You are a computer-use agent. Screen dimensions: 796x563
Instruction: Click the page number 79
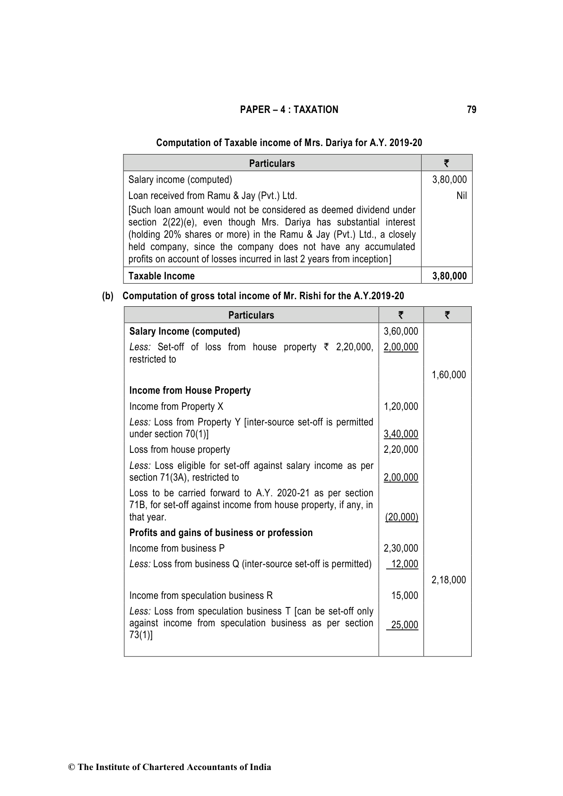(471, 110)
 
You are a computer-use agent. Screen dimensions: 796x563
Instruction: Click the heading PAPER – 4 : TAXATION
(289, 110)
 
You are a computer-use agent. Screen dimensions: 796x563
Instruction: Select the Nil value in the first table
(461, 195)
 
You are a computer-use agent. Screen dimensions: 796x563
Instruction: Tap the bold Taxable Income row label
(161, 276)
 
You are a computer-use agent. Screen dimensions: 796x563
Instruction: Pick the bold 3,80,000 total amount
(449, 276)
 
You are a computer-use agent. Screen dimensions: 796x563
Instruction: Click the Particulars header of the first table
(272, 163)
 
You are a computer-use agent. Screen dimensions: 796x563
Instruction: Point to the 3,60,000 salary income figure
(401, 331)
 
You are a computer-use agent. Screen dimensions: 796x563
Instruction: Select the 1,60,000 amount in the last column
(448, 375)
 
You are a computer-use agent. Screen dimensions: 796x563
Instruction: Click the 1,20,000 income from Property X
(401, 406)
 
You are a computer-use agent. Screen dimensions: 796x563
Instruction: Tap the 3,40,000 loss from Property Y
(401, 434)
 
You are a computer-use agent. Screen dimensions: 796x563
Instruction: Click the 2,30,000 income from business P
(401, 548)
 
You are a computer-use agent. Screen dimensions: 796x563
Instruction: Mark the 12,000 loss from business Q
(404, 564)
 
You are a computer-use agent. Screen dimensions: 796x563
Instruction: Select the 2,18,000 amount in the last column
(448, 580)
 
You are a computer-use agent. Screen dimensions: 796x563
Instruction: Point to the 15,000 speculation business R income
(404, 596)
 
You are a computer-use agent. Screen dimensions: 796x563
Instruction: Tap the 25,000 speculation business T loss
(404, 625)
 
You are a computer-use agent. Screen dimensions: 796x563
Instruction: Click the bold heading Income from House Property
(190, 390)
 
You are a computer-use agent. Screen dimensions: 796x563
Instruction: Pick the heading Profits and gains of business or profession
(221, 533)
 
